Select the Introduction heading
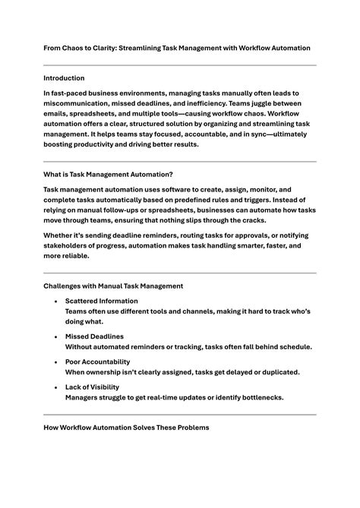coord(64,77)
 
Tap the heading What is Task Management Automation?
coord(108,174)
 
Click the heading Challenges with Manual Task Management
coord(113,286)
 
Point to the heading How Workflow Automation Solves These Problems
coord(126,428)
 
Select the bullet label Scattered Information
coord(102,301)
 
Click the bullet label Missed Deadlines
coord(94,336)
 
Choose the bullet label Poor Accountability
coord(97,361)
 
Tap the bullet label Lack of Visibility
coord(93,387)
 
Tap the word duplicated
coord(277,371)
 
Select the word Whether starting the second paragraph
coord(60,235)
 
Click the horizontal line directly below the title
coord(179,65)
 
